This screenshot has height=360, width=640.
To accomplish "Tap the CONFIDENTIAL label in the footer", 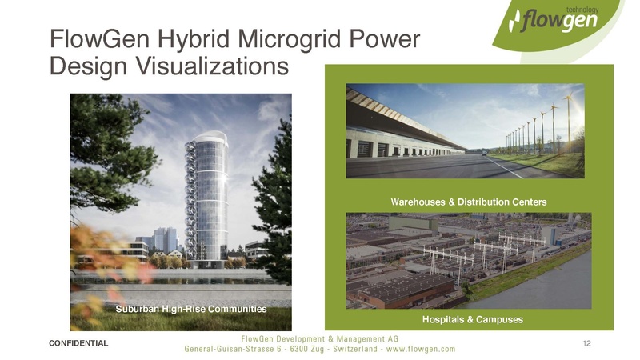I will tap(78, 343).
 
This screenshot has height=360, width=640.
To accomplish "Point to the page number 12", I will tap(587, 343).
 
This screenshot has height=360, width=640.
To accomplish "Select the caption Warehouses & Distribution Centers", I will tap(468, 202).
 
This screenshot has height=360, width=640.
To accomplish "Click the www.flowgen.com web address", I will tap(419, 349).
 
